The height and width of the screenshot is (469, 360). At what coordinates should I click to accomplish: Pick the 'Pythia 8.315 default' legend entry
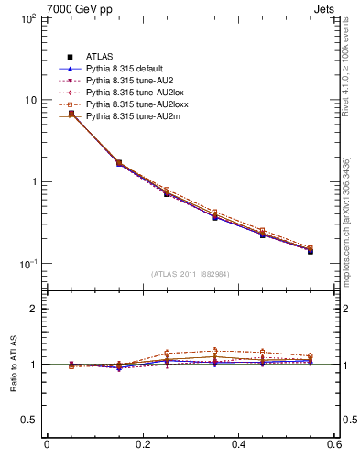click(123, 69)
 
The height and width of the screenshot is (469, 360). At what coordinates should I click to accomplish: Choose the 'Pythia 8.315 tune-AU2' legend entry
click(125, 81)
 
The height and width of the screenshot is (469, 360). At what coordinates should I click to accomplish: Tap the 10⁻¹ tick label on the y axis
click(26, 264)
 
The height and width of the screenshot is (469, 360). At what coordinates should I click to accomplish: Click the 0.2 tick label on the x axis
click(142, 448)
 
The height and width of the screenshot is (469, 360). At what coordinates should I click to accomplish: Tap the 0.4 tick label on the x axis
click(239, 448)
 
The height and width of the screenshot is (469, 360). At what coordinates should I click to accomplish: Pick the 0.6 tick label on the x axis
click(334, 448)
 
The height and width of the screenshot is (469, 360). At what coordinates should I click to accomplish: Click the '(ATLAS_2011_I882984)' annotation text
click(191, 273)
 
